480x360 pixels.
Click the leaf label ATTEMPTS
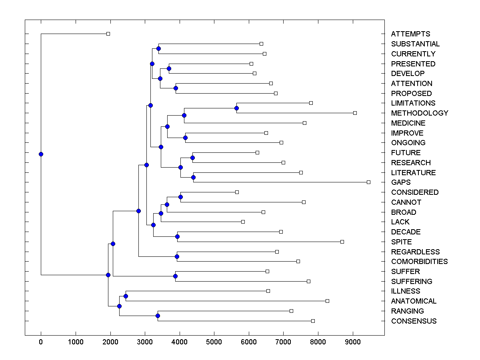(x=410, y=34)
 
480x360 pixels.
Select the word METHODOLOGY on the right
(x=420, y=113)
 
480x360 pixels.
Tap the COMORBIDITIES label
(x=419, y=262)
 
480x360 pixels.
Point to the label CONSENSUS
(x=414, y=321)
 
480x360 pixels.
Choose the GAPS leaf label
(x=401, y=182)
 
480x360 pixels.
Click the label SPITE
(x=401, y=242)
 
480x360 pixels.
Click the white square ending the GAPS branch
(x=368, y=182)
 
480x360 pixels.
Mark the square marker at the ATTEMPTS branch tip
(x=108, y=34)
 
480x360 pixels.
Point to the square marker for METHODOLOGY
(x=355, y=113)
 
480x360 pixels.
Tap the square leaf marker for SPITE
(x=342, y=242)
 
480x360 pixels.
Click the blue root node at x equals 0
(x=41, y=154)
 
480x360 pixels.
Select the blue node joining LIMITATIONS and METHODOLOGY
(x=236, y=108)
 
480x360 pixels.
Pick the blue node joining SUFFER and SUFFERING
(x=175, y=276)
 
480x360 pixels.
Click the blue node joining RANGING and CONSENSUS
(x=158, y=316)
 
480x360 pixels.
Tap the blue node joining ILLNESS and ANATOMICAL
(x=126, y=296)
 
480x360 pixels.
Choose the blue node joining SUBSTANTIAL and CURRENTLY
(x=158, y=48)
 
